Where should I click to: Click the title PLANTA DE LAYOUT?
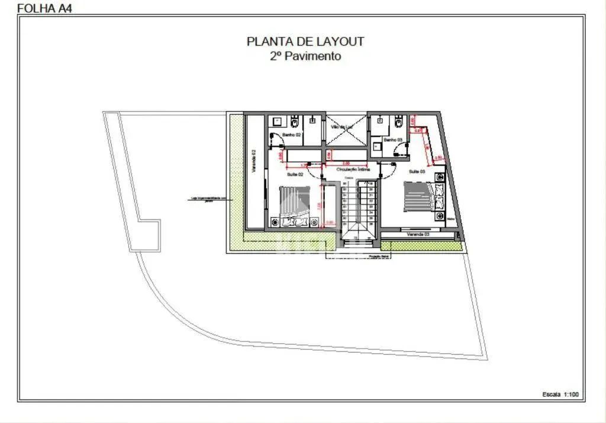click(x=305, y=41)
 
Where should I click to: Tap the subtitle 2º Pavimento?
click(x=305, y=56)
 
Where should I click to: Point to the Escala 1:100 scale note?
click(x=562, y=394)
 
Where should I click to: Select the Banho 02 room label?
click(x=291, y=135)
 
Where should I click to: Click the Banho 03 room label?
click(x=393, y=140)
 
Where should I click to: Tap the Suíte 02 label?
click(x=295, y=175)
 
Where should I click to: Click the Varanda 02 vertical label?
click(x=254, y=160)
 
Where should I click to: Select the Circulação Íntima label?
click(x=353, y=169)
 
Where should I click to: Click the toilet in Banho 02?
click(x=295, y=122)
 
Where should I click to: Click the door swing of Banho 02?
click(x=276, y=142)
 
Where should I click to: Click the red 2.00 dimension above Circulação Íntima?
click(x=346, y=163)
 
